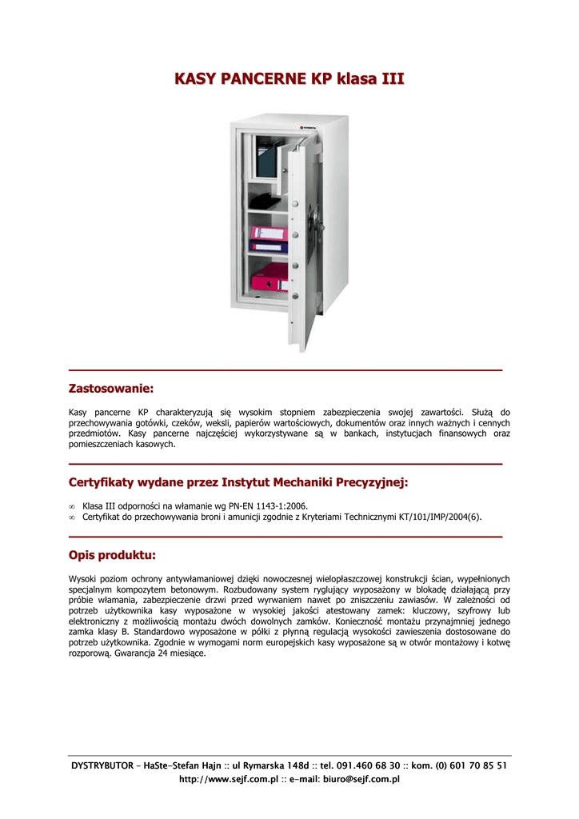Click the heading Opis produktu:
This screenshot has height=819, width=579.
click(x=112, y=555)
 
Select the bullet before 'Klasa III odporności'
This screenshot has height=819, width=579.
click(x=72, y=505)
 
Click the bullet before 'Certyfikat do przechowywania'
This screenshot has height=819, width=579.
click(x=72, y=517)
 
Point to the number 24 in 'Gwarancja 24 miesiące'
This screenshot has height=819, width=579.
click(x=162, y=653)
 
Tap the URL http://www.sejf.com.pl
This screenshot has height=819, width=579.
click(x=227, y=779)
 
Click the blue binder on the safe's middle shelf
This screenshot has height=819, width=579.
click(x=268, y=237)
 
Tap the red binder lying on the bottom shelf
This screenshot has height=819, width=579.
click(x=269, y=281)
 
